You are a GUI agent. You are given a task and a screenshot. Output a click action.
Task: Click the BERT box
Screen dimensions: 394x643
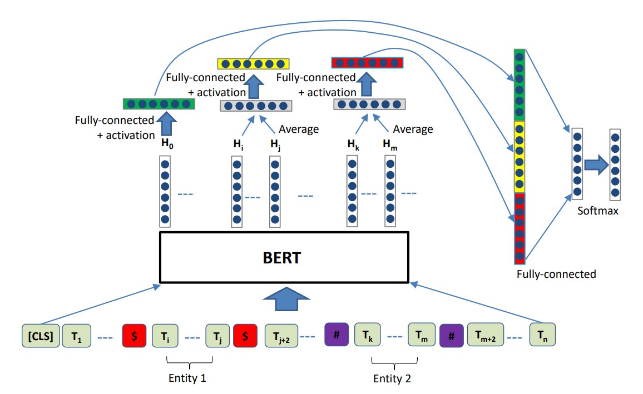[x=284, y=258]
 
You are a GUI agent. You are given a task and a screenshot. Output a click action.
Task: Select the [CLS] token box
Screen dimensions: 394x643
[x=40, y=336]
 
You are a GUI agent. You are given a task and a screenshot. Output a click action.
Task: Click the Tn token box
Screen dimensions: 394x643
[x=542, y=335]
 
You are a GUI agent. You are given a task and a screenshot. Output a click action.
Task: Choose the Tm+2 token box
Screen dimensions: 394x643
[x=485, y=335]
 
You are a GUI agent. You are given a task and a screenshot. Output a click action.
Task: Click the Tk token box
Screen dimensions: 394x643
[x=368, y=335]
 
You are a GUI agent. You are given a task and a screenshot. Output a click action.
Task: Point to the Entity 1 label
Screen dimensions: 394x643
[x=187, y=378]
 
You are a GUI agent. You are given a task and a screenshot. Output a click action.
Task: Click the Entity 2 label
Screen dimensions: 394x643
[x=392, y=378]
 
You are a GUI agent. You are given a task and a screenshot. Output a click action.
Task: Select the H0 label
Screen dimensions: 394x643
[x=166, y=144]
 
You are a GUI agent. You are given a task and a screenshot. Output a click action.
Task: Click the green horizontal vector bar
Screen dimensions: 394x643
[x=159, y=103]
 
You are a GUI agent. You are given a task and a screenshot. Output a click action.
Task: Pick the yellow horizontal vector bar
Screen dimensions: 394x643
[x=254, y=63]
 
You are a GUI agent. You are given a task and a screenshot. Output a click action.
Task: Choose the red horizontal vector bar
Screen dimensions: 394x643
[x=367, y=62]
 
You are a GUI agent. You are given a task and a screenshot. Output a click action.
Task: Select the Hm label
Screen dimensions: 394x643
[x=390, y=144]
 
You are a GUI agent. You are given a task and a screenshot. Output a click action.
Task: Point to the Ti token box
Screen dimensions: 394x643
[x=165, y=336]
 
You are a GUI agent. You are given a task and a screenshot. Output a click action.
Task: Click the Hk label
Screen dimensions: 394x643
[x=352, y=144]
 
